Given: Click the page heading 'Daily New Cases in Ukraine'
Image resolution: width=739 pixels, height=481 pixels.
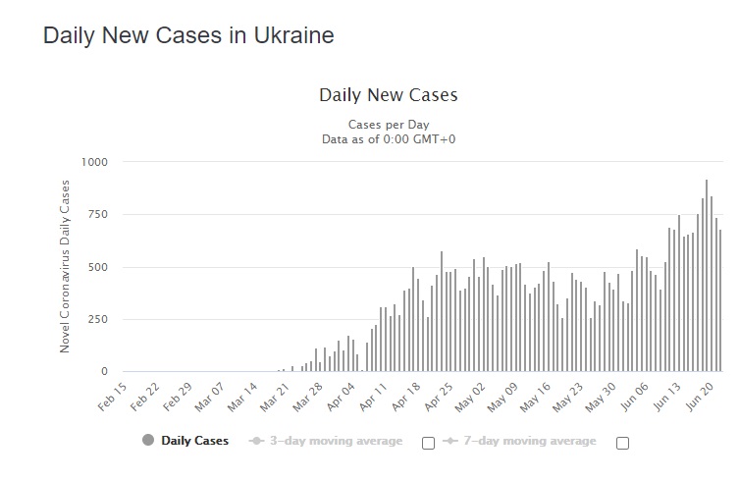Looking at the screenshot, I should [x=188, y=36].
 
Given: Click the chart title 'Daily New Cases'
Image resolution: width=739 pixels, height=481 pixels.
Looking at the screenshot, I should [x=389, y=95].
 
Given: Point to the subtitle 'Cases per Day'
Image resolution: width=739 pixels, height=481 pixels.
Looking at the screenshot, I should [x=389, y=125].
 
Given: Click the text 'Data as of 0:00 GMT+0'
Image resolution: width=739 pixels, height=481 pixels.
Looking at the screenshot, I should [x=389, y=138].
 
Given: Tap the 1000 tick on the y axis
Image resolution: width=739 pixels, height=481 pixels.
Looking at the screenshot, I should [x=95, y=161].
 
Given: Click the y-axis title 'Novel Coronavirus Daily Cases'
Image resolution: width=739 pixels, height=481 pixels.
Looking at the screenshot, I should [x=66, y=266].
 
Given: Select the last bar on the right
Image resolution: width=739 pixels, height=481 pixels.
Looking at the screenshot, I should [x=720, y=301].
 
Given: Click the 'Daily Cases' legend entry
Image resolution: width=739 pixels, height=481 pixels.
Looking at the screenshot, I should [x=185, y=441].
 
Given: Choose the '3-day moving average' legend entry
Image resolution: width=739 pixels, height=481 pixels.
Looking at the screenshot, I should [x=326, y=441].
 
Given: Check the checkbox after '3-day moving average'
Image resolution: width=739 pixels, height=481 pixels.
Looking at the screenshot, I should [x=428, y=443].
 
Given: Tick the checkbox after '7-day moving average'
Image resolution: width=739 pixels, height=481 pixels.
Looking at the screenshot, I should [x=622, y=443].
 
